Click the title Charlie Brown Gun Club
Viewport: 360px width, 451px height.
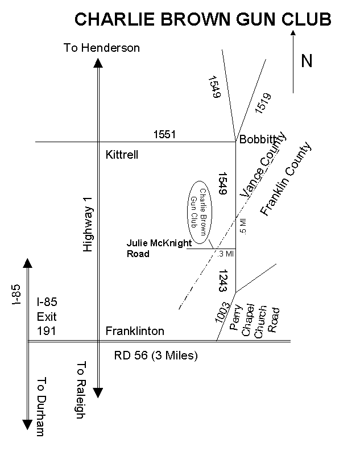[203, 19]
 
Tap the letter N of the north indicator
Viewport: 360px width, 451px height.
[307, 61]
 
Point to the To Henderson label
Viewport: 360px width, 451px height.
[102, 48]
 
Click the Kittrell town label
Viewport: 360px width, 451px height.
[122, 155]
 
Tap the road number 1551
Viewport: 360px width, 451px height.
[165, 135]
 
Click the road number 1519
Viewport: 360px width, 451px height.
[263, 103]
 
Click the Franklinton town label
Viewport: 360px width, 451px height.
[135, 331]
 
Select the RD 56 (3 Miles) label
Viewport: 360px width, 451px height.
[156, 356]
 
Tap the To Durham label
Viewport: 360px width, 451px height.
[40, 407]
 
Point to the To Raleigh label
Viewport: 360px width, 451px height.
[80, 390]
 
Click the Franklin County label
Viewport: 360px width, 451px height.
[287, 179]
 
